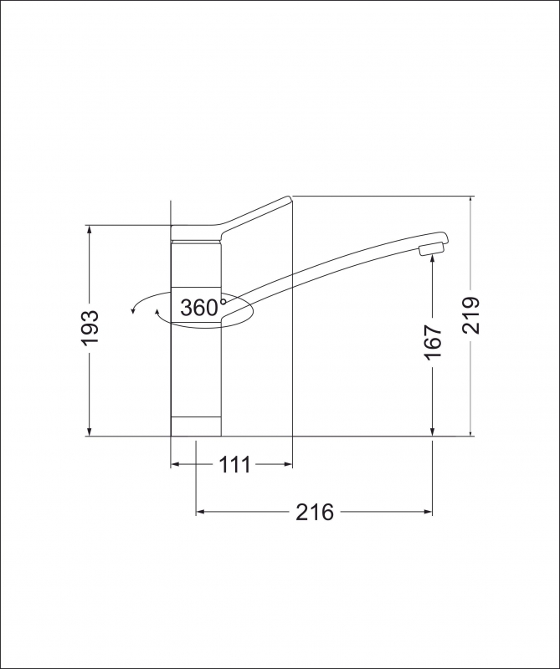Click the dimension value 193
click(90, 329)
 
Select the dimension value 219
click(471, 315)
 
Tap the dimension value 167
click(432, 343)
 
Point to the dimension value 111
click(235, 465)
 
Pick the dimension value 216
click(314, 512)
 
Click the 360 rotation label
click(198, 308)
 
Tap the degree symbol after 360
click(223, 301)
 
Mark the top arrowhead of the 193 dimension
click(90, 231)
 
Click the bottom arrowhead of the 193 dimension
click(90, 430)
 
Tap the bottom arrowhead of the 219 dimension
click(471, 430)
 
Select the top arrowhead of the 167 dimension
click(432, 261)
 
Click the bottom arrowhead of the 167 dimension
click(432, 430)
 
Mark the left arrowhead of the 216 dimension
click(201, 512)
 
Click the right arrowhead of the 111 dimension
click(286, 465)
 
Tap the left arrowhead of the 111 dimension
click(176, 465)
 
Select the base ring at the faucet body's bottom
click(197, 426)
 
